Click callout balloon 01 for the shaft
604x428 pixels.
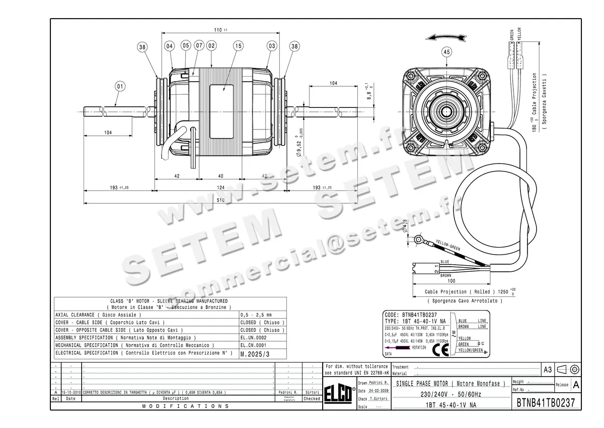click(120, 86)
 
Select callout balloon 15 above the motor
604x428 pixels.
click(238, 46)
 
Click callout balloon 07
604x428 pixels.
click(199, 46)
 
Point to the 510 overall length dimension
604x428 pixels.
click(220, 201)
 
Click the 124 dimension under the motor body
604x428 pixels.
click(220, 188)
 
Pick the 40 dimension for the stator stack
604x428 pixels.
click(220, 176)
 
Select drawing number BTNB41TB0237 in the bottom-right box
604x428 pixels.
click(546, 403)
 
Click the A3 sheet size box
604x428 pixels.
click(548, 370)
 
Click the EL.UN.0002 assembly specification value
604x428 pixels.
click(254, 338)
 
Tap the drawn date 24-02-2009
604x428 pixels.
click(377, 391)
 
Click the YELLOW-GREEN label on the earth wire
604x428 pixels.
click(448, 246)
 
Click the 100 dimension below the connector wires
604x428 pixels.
click(451, 281)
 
